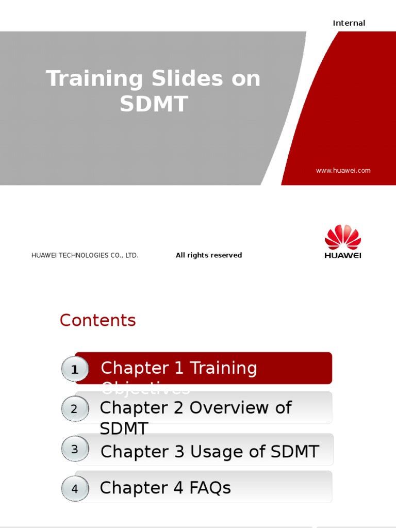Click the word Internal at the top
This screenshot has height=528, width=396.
[349, 23]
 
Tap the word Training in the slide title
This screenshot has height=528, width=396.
[94, 79]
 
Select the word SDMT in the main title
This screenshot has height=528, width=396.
[154, 104]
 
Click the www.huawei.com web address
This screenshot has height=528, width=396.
[343, 171]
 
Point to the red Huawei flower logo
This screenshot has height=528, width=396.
[343, 237]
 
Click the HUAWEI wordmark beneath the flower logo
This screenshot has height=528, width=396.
[343, 255]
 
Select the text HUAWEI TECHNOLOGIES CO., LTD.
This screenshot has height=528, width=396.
[85, 255]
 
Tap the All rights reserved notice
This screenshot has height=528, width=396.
[209, 255]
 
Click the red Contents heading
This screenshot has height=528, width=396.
[97, 320]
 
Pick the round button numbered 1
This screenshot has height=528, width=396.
[75, 370]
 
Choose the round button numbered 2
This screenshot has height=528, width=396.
[74, 409]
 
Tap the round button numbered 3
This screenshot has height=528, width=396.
[75, 449]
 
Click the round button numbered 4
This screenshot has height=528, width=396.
[75, 488]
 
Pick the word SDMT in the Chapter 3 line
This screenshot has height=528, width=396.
[292, 452]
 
